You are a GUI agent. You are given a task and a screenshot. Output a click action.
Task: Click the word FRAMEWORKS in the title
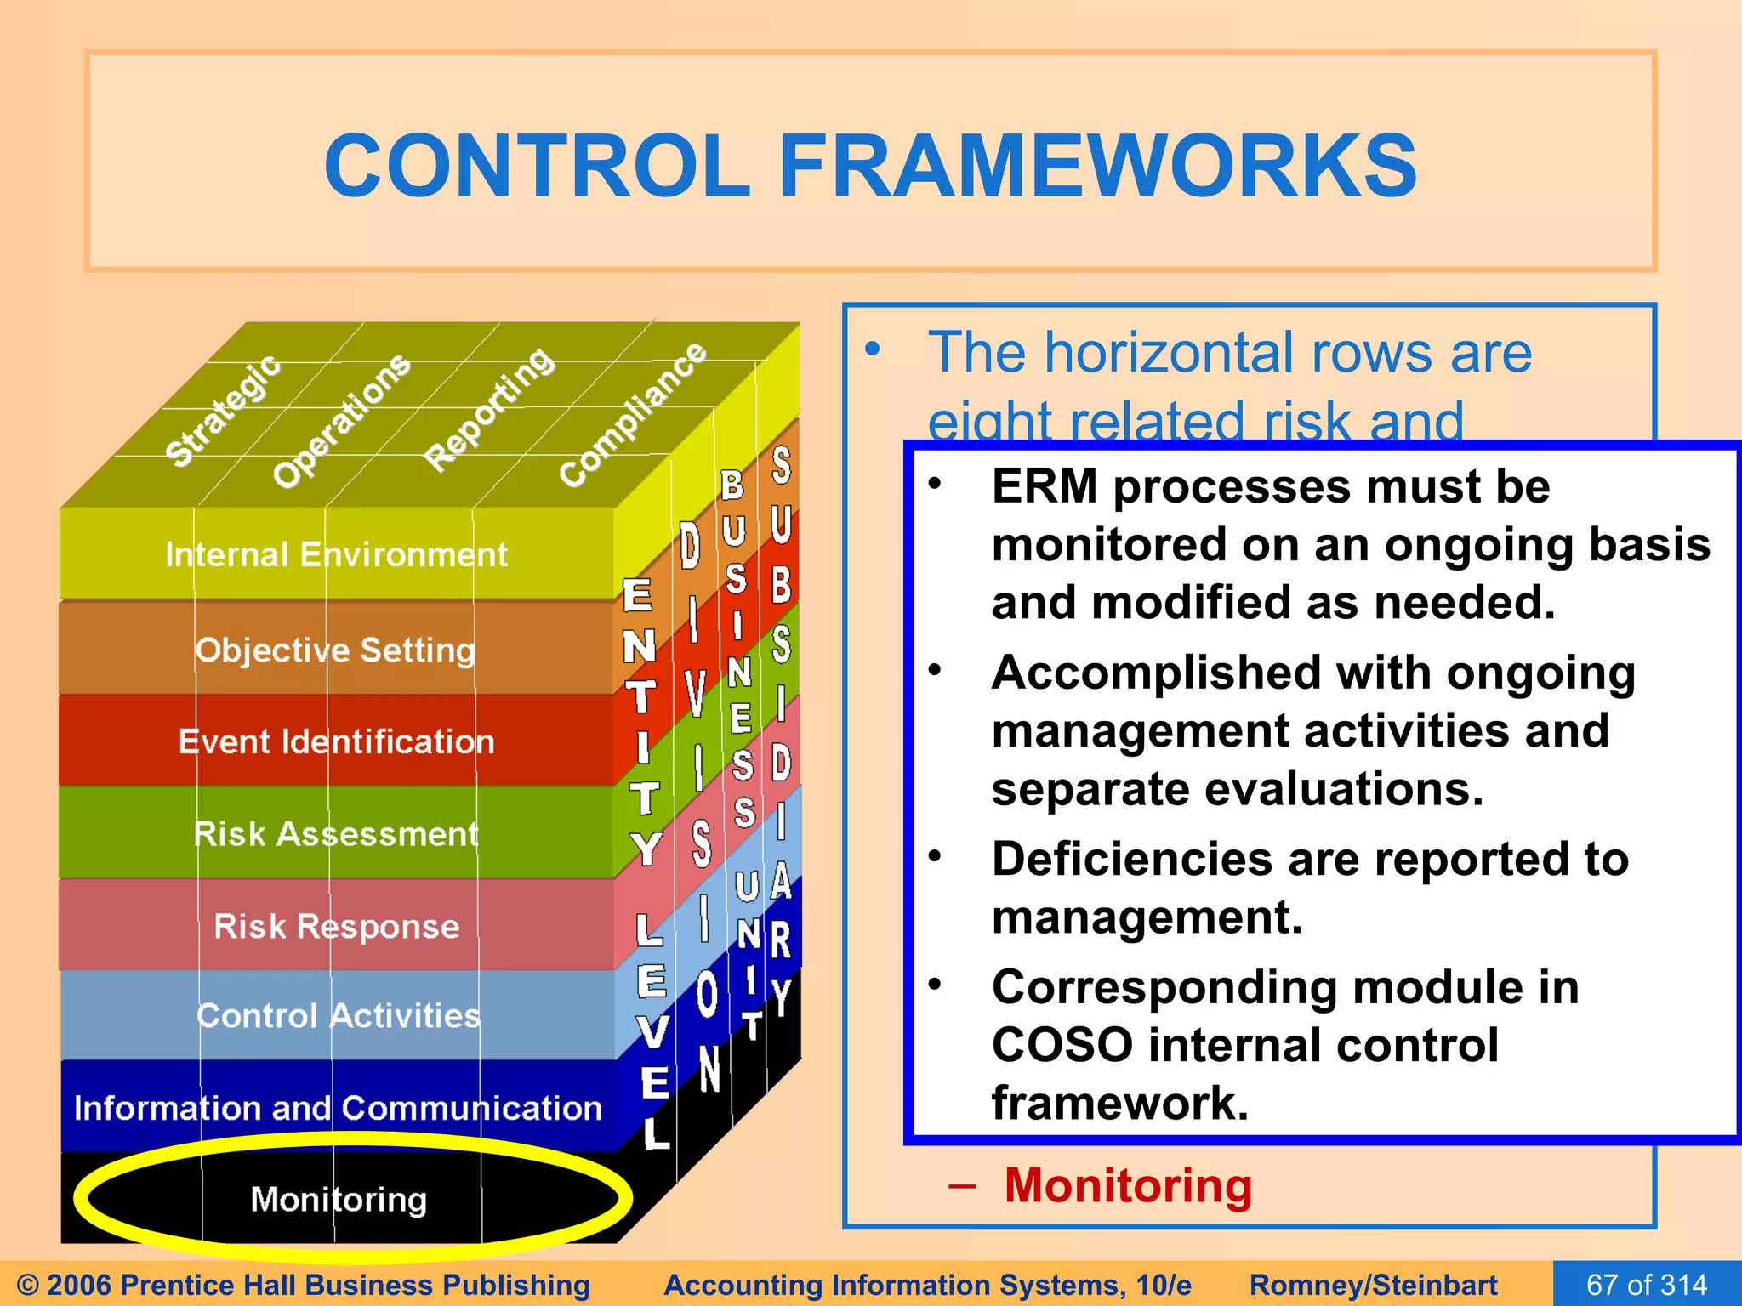[1097, 166]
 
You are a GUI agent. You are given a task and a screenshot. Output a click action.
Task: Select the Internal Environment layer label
[336, 555]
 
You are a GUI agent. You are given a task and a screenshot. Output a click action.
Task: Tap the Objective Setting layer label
[335, 650]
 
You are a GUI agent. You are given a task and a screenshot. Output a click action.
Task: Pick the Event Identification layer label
[336, 742]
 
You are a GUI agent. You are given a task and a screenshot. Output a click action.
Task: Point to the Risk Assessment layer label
[336, 834]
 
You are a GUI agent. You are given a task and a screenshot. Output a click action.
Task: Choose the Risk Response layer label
[336, 926]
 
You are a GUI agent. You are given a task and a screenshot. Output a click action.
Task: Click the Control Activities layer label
[338, 1016]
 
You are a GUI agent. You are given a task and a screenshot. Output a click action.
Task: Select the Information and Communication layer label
[338, 1108]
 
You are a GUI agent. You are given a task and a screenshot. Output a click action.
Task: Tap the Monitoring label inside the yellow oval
[339, 1200]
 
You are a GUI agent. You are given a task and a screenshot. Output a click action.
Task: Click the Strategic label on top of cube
[222, 410]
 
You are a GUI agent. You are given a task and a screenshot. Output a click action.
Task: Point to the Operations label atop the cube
[341, 420]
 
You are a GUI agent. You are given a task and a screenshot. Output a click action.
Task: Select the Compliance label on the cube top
[633, 413]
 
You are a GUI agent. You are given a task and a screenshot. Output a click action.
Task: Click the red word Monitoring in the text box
[1128, 1185]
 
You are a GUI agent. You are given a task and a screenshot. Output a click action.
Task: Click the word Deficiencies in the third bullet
[1132, 859]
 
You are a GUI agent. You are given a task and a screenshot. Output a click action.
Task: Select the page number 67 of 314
[1647, 1284]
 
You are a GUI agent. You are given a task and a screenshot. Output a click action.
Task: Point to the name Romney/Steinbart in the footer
[1373, 1284]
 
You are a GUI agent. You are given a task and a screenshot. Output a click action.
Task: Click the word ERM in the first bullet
[1045, 487]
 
